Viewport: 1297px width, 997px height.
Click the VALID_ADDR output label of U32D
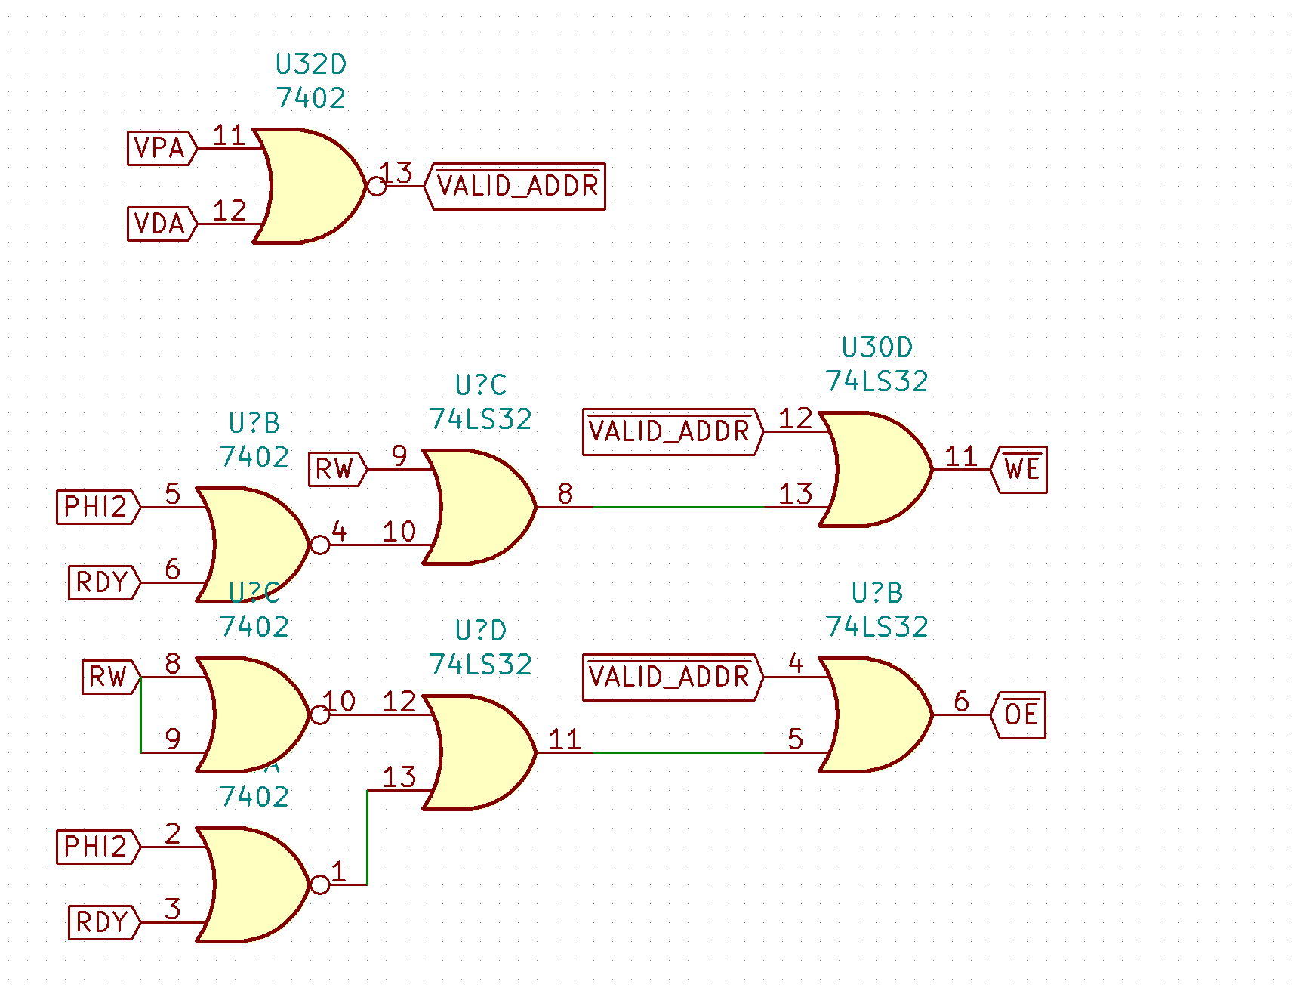[517, 186]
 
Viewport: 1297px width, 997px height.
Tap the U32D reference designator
[310, 65]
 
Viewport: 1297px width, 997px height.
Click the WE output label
[1021, 469]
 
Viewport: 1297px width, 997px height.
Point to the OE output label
[1021, 715]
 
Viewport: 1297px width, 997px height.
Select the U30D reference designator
[876, 348]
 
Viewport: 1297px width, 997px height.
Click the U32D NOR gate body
[310, 186]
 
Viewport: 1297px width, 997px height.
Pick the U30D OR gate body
[876, 469]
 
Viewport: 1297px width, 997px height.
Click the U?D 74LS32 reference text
[480, 631]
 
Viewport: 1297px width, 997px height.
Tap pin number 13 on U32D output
[396, 173]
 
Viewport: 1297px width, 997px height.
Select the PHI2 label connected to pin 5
[97, 507]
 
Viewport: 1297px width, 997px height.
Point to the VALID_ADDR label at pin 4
[670, 677]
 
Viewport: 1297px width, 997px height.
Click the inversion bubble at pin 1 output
[320, 884]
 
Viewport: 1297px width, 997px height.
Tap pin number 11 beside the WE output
[961, 456]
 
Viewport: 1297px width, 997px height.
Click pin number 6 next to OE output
[961, 702]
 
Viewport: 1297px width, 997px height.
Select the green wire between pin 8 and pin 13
[679, 507]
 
